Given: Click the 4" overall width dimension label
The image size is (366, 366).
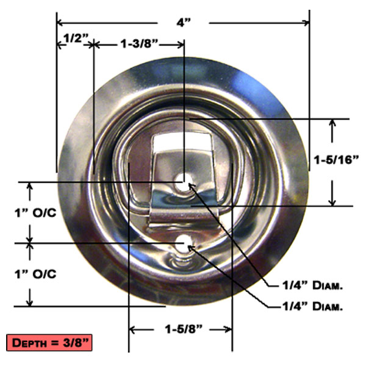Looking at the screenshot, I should [x=183, y=23].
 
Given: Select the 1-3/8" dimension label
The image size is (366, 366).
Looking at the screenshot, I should [x=138, y=44].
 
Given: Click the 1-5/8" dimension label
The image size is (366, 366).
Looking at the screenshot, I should [x=180, y=329].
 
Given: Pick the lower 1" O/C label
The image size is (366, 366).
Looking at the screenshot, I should [x=35, y=273].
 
